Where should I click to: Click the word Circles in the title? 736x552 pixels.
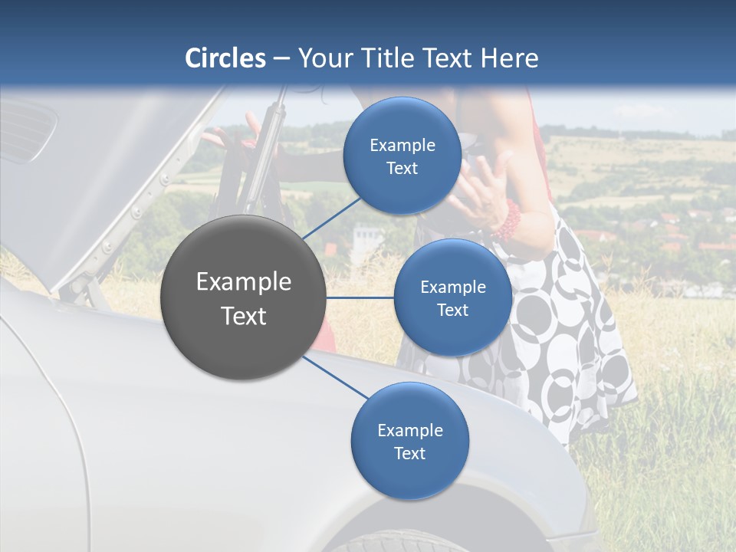tap(225, 58)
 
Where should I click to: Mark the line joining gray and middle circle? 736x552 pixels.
tap(360, 297)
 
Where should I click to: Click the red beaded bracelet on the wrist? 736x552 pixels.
tap(507, 220)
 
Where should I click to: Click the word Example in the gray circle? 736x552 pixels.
tap(243, 282)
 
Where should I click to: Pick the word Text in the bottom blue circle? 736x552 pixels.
tap(409, 453)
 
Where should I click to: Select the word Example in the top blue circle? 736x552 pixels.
tap(402, 146)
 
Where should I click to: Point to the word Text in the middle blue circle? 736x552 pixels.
tap(452, 310)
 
